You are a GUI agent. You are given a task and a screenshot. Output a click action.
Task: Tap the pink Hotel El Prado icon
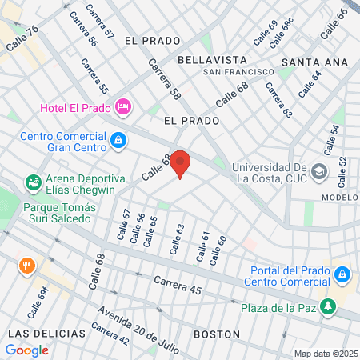tap(123, 106)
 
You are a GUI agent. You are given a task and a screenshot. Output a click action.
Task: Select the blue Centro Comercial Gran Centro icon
tap(118, 141)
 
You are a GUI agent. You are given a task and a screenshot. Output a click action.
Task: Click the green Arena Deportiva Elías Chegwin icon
tap(33, 182)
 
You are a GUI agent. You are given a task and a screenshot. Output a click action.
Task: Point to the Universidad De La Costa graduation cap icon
tap(319, 171)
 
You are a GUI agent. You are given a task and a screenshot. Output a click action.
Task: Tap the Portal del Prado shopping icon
tap(343, 274)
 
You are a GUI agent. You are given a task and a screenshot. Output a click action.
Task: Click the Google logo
tap(26, 350)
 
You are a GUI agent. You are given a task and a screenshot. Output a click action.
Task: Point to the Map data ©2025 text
tap(325, 354)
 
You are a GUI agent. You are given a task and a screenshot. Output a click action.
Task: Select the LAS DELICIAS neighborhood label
tap(46, 333)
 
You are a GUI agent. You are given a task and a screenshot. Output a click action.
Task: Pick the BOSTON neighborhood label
tap(217, 334)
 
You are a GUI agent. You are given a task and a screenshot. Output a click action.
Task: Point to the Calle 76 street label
tap(22, 41)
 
